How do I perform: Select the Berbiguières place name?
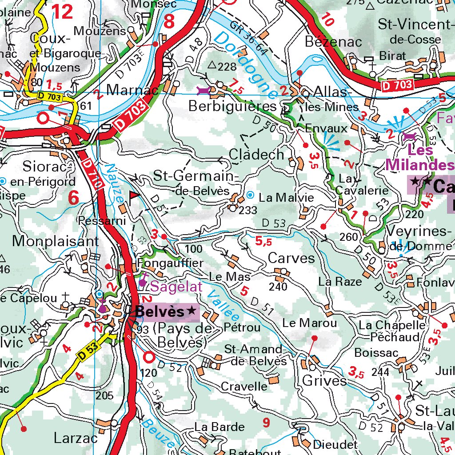[x=232, y=107]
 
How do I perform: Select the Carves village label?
[x=291, y=258]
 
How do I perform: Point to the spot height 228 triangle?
[x=212, y=66]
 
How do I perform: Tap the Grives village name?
[x=324, y=381]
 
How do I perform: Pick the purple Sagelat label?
[x=176, y=287]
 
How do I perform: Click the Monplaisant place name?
[x=56, y=241]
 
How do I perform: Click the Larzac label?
[x=76, y=438]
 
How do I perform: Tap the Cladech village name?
[x=256, y=155]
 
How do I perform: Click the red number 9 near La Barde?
[x=266, y=423]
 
